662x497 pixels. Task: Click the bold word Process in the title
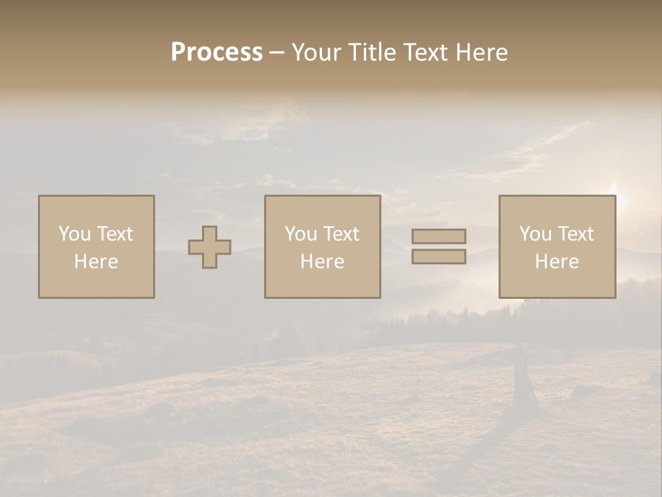217,52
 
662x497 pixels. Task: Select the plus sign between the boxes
210,247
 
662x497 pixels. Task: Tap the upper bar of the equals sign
439,236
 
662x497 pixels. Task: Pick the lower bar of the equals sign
439,257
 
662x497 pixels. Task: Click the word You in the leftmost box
74,234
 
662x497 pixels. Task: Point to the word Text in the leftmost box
114,234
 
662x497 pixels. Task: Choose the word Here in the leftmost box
96,262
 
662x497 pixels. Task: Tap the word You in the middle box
301,234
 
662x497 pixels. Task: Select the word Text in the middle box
341,234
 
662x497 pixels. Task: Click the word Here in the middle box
322,262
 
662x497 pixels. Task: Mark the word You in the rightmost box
535,234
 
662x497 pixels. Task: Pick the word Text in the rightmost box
575,234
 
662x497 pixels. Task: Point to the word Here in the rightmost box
556,262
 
